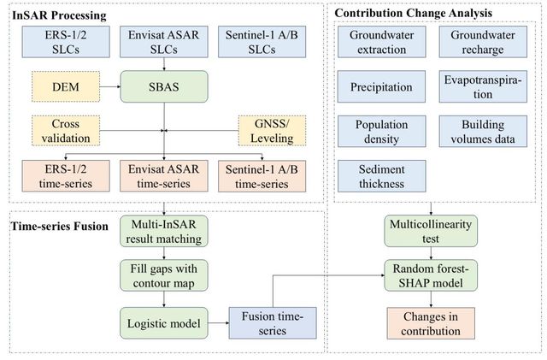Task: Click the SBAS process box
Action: (164, 86)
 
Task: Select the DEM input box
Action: (66, 86)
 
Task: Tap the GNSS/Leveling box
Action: (272, 131)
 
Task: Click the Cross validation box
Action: (66, 131)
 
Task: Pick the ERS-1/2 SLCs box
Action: (66, 42)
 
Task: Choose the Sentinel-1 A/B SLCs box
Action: (262, 42)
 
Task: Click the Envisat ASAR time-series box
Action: (164, 176)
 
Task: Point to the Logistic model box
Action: (164, 323)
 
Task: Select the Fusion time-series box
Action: (273, 323)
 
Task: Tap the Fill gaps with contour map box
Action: (164, 275)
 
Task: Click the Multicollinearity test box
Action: (431, 231)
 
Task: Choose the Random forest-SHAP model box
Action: (431, 275)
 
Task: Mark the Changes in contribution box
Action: (431, 323)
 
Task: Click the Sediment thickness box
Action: (382, 176)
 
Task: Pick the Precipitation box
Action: (382, 86)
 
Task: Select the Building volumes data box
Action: (483, 132)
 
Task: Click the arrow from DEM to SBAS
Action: (110, 86)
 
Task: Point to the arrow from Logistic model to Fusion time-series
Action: (219, 323)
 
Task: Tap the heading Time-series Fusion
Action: (60, 227)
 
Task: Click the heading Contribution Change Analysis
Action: (414, 13)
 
